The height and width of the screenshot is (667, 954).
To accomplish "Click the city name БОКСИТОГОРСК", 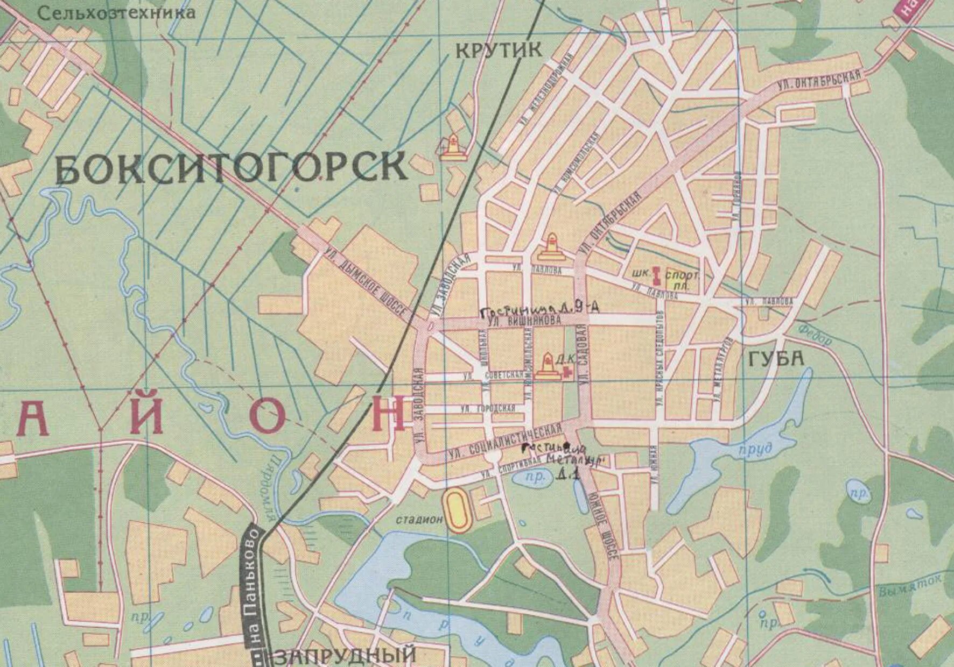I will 232,167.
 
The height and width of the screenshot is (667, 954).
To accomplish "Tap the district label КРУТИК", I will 499,50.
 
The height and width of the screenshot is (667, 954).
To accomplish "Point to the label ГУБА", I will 776,359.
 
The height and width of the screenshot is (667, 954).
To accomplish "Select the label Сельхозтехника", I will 117,13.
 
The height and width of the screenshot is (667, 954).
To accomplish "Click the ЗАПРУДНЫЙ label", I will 345,656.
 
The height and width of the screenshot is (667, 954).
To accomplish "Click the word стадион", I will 419,520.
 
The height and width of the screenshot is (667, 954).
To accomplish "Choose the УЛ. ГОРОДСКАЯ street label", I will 488,408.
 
